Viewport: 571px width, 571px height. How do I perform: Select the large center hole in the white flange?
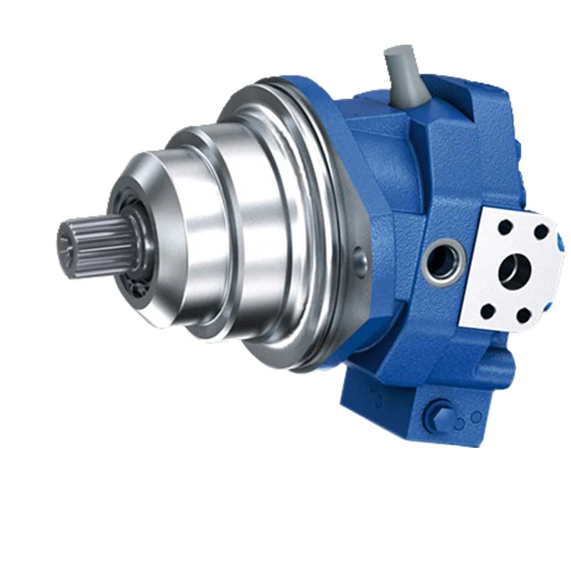point(514,269)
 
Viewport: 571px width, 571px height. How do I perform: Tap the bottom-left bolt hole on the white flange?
point(487,311)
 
